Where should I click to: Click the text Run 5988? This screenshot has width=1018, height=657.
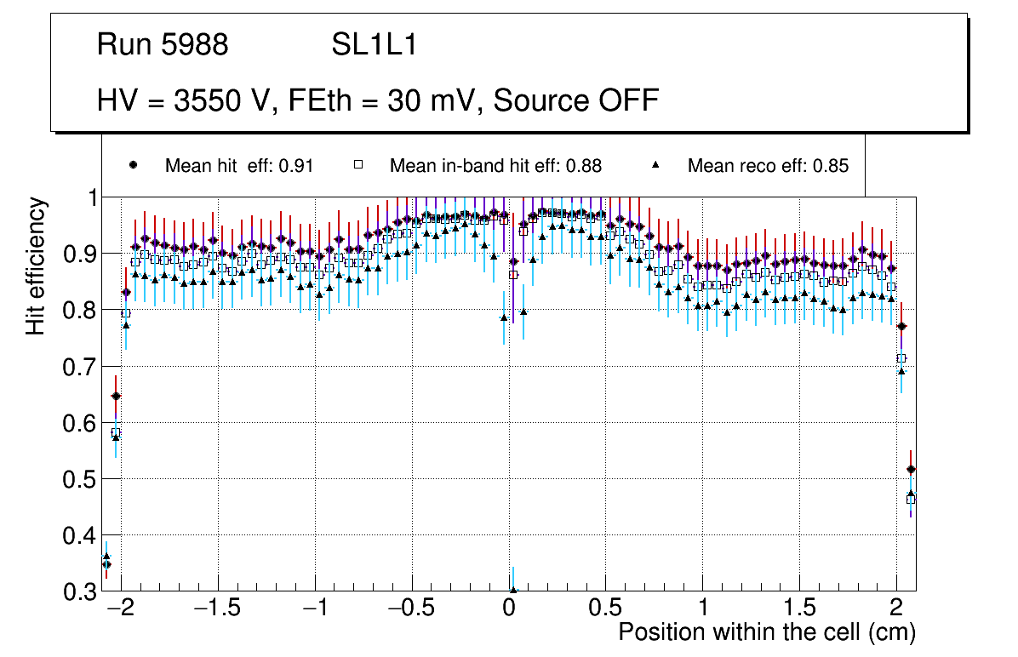pyautogui.click(x=163, y=45)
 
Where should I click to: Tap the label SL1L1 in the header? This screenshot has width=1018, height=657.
pyautogui.click(x=374, y=45)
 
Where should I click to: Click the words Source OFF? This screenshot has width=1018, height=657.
pyautogui.click(x=576, y=100)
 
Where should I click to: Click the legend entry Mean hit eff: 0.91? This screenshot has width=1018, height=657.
pyautogui.click(x=238, y=166)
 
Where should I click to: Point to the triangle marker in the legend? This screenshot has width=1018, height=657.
pyautogui.click(x=657, y=165)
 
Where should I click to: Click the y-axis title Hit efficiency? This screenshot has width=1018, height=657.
pyautogui.click(x=36, y=266)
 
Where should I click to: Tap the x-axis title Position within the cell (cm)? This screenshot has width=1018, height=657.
pyautogui.click(x=766, y=632)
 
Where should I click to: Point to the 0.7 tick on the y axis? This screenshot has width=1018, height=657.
pyautogui.click(x=81, y=367)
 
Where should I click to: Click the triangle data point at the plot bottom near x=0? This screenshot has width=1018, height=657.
pyautogui.click(x=513, y=589)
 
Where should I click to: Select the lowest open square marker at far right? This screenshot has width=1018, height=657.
pyautogui.click(x=911, y=500)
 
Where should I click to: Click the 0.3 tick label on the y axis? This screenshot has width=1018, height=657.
pyautogui.click(x=81, y=591)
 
